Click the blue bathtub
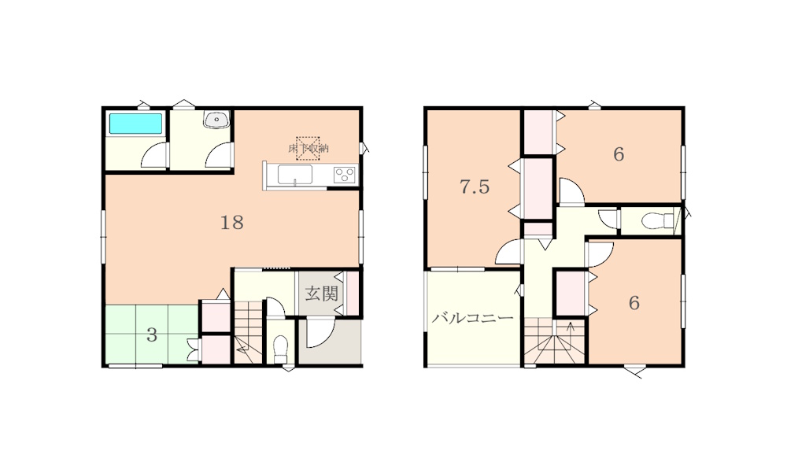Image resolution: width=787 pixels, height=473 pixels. click(x=135, y=124)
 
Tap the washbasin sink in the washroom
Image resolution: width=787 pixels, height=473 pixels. click(x=217, y=120)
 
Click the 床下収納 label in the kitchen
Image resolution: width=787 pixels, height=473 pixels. click(x=309, y=149)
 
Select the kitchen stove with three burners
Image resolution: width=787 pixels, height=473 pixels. click(x=345, y=174)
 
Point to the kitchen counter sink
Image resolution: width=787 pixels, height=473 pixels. click(x=295, y=174)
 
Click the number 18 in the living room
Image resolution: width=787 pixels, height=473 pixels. click(x=232, y=222)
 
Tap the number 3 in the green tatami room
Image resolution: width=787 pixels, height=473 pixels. click(x=152, y=335)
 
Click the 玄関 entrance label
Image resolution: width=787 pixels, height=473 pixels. click(x=321, y=294)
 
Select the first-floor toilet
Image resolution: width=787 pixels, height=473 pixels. click(x=281, y=348)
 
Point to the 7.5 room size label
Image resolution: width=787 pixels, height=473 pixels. click(x=475, y=187)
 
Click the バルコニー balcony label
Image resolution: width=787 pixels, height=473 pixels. click(x=473, y=318)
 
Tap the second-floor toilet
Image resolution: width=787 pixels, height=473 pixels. click(x=657, y=220)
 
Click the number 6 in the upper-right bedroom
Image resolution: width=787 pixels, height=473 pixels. click(x=619, y=154)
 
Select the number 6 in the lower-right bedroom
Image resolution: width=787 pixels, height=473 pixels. click(x=634, y=303)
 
